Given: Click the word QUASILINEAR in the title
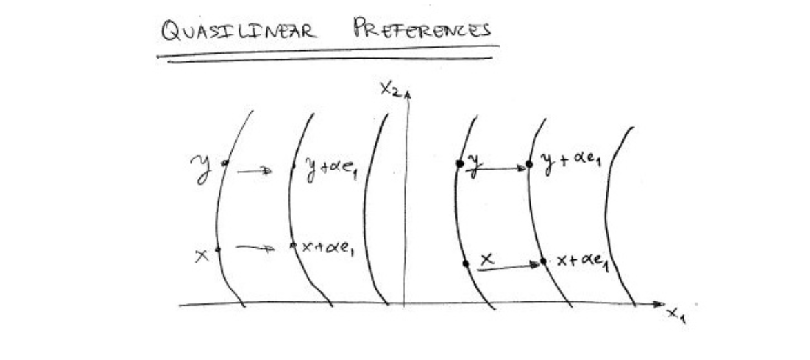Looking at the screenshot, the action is point(239,30).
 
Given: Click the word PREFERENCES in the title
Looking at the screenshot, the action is point(422,29).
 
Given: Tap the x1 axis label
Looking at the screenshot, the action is point(676,315).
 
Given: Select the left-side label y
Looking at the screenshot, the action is point(202,168).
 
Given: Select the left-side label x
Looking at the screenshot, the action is point(202,254).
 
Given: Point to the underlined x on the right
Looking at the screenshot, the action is point(487,260).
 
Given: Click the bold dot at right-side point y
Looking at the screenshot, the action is point(459,163).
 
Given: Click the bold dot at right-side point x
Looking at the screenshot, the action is point(466,263).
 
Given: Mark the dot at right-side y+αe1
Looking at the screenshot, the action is point(529,164).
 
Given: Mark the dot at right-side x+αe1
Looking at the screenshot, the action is point(543,261).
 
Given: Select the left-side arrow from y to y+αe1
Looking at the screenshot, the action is point(255,171).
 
